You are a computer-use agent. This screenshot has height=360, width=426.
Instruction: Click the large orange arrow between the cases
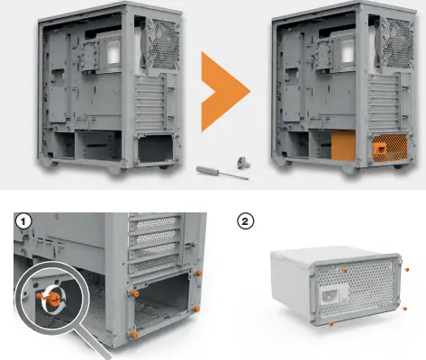(221, 90)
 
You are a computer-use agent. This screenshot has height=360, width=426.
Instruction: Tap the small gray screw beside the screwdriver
(240, 163)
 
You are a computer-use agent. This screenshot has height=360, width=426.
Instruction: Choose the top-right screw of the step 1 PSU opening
(197, 273)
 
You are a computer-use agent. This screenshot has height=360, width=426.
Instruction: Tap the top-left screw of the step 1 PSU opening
(134, 293)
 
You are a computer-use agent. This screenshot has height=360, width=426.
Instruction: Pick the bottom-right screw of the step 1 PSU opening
(197, 309)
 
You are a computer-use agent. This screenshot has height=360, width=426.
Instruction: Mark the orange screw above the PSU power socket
(343, 268)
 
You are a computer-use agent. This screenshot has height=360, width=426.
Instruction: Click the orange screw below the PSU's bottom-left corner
(332, 321)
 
